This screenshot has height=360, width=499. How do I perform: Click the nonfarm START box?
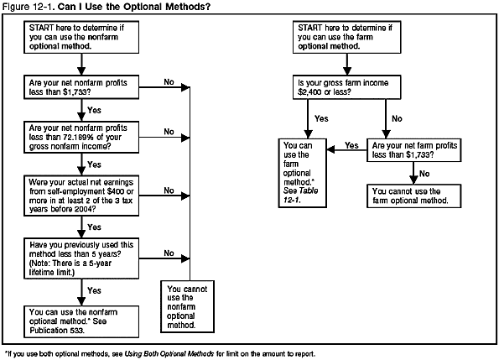coord(80,39)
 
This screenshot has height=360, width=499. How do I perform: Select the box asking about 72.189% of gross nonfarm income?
coord(80,138)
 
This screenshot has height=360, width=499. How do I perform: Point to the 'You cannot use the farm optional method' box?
coord(413,196)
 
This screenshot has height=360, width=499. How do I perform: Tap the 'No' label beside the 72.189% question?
coord(169,131)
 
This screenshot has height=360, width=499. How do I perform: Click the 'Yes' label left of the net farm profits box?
coord(351,145)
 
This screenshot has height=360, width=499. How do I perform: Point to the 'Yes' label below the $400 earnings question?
coord(94,227)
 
